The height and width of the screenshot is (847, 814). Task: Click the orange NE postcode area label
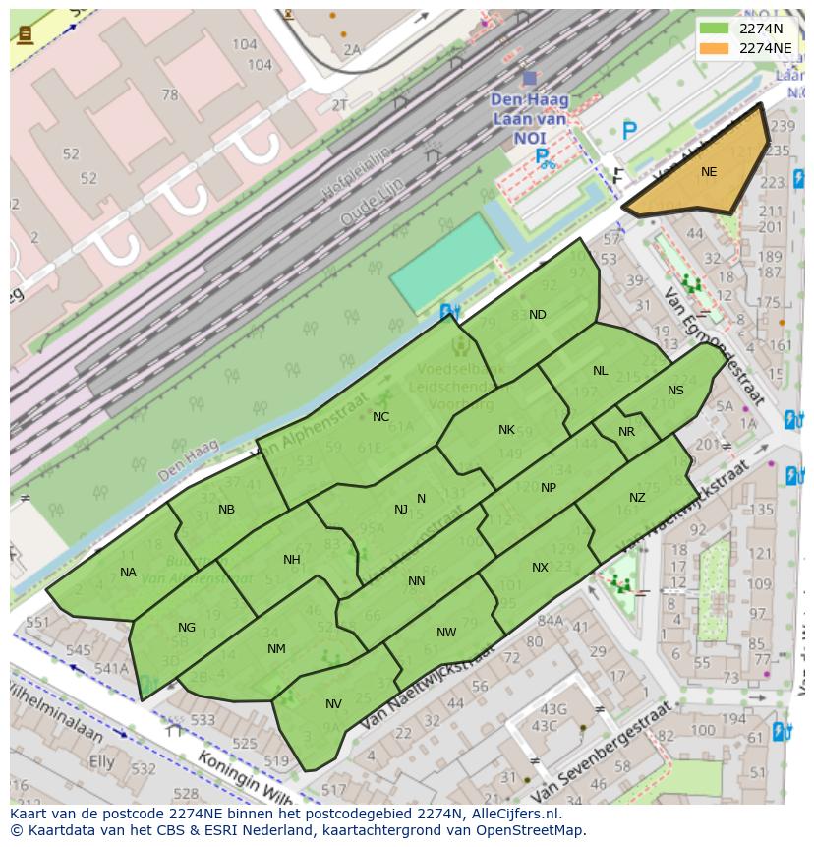click(x=709, y=172)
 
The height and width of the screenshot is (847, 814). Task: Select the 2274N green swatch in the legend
click(x=715, y=29)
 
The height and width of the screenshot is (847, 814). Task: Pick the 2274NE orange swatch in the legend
click(x=715, y=47)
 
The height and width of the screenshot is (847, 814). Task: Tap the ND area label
click(x=538, y=315)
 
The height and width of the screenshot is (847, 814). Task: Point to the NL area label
click(x=601, y=371)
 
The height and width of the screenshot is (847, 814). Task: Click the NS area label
click(x=675, y=391)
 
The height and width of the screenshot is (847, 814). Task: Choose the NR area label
click(x=626, y=432)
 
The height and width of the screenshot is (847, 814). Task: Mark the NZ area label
click(x=637, y=498)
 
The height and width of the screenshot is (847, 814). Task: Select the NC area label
click(x=380, y=417)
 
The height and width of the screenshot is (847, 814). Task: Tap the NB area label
click(x=226, y=510)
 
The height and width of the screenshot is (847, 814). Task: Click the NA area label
click(x=128, y=573)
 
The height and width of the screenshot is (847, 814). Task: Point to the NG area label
click(x=187, y=628)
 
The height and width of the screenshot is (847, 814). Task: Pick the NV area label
click(x=333, y=704)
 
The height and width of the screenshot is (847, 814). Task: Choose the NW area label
click(x=446, y=633)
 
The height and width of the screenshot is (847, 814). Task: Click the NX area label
click(x=540, y=568)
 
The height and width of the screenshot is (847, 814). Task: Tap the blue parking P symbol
click(x=629, y=130)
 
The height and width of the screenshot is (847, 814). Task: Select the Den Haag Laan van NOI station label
click(x=529, y=118)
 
